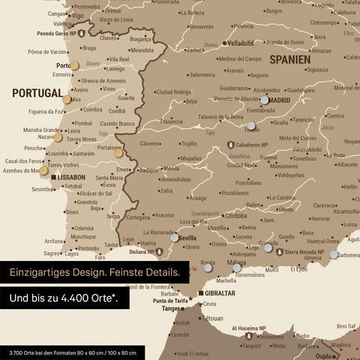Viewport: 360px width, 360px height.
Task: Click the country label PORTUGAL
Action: [x=37, y=92]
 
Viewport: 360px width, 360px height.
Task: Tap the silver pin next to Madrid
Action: [x=264, y=99]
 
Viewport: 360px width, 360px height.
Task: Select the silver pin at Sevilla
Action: [x=174, y=237]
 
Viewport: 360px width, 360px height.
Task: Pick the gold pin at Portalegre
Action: [x=118, y=153]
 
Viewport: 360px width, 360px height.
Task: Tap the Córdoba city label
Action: [x=235, y=216]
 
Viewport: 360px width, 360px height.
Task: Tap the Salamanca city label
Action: [x=202, y=75]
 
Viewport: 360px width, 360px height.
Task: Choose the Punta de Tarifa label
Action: [x=169, y=301]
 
